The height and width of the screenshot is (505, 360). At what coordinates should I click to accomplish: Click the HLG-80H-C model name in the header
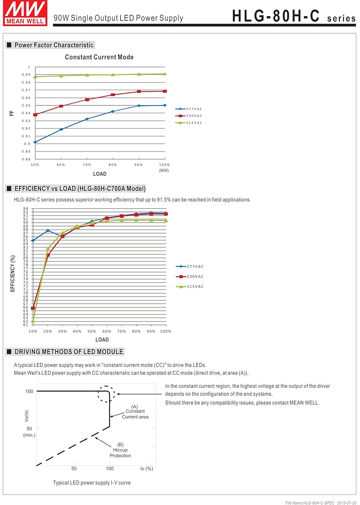(276, 16)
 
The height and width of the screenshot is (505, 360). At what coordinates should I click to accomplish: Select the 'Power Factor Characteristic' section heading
(54, 45)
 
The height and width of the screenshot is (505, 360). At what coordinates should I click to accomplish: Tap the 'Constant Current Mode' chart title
(99, 57)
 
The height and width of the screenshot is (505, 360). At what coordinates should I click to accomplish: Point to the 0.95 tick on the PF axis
(26, 106)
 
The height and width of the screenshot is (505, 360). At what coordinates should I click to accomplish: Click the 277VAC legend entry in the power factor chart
(189, 109)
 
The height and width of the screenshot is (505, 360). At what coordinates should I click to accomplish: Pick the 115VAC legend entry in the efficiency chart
(190, 287)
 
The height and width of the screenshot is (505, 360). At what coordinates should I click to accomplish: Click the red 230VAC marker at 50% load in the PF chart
(35, 115)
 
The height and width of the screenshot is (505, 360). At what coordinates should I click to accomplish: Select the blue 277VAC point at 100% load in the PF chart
(165, 105)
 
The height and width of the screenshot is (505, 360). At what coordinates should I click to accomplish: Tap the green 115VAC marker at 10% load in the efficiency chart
(33, 321)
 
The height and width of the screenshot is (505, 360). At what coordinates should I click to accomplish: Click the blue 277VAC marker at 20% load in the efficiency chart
(48, 231)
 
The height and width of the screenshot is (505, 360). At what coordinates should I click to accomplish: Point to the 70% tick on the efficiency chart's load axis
(121, 332)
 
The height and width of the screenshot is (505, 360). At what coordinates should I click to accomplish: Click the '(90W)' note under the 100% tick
(164, 171)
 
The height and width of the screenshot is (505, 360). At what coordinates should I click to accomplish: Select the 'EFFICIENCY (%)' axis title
(13, 273)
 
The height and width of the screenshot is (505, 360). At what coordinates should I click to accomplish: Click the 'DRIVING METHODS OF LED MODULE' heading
(68, 352)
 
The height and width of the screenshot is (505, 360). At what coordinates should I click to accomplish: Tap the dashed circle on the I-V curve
(106, 394)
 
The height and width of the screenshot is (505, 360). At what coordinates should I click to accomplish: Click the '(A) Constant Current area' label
(135, 412)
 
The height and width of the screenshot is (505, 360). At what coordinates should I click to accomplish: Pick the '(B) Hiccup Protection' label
(120, 450)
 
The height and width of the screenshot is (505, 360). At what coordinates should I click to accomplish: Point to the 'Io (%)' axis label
(147, 469)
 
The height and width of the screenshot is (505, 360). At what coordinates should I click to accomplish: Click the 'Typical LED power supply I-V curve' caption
(92, 483)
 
